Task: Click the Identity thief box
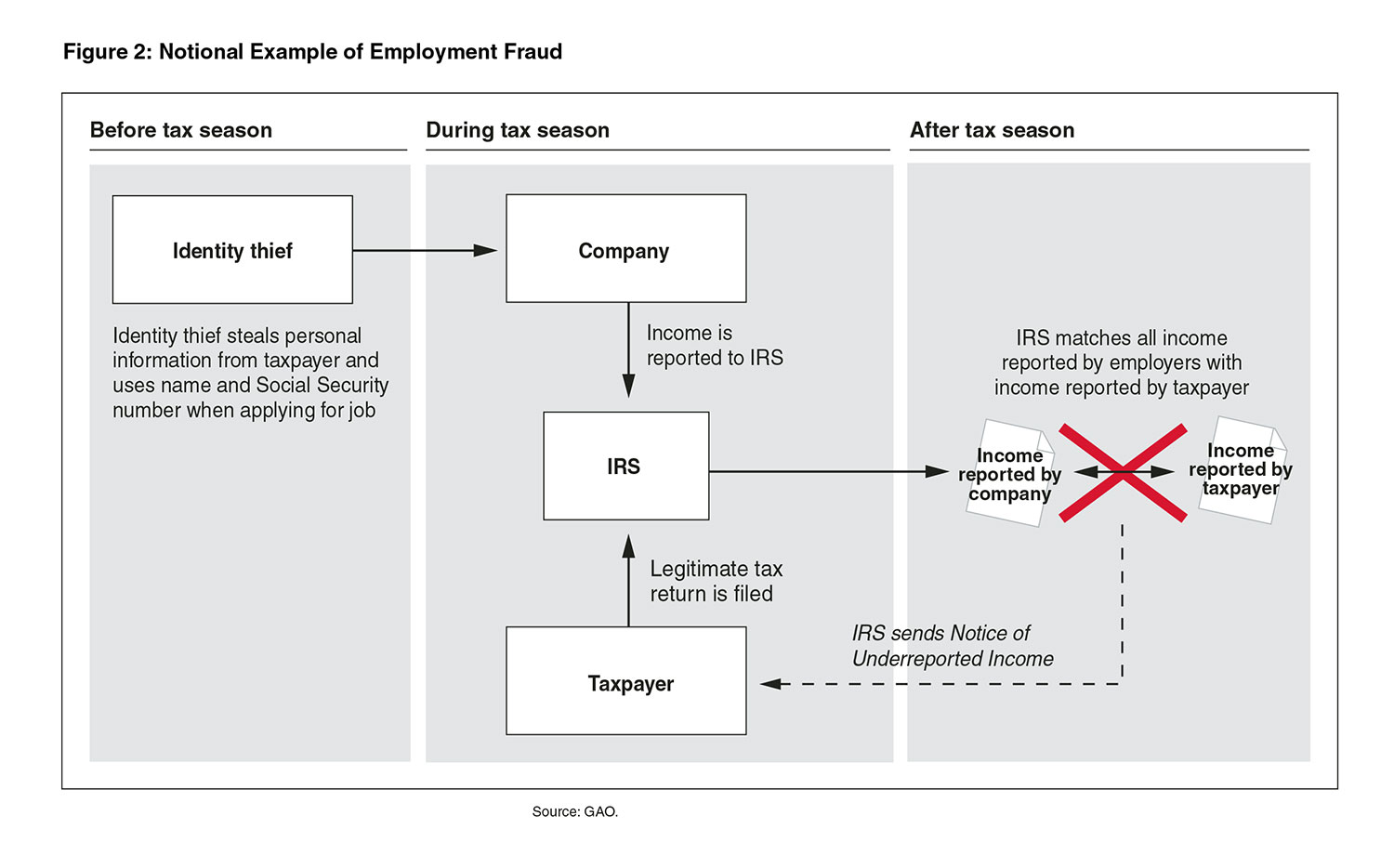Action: tap(232, 249)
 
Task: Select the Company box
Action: tap(625, 248)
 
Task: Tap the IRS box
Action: tap(625, 466)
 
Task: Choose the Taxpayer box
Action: tap(625, 680)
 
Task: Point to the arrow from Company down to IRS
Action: tap(628, 349)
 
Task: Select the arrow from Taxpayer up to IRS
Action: tap(628, 580)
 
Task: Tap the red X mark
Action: tap(1123, 472)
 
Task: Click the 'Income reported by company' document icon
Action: tap(1009, 474)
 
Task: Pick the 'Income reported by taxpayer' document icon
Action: tap(1241, 470)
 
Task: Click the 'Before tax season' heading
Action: tap(181, 130)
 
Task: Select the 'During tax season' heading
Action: tap(518, 130)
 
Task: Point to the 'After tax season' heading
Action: tap(992, 130)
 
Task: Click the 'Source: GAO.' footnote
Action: tap(574, 811)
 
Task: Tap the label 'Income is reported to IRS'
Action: tap(714, 345)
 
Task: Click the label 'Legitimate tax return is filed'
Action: tap(716, 581)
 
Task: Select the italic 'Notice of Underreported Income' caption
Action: tap(953, 646)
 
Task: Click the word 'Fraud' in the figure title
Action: tap(533, 51)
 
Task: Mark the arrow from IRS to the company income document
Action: tap(827, 472)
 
